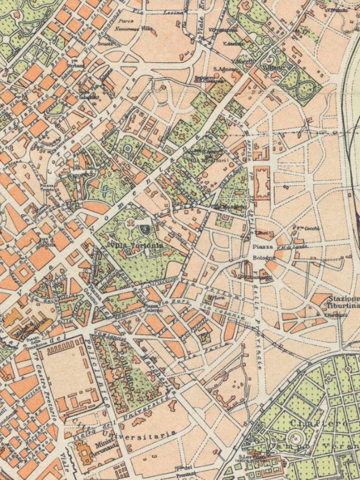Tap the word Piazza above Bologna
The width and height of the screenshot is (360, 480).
pos(262,247)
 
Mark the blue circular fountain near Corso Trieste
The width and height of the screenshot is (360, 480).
pos(127,149)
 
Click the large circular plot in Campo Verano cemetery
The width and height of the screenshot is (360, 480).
pos(295,438)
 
